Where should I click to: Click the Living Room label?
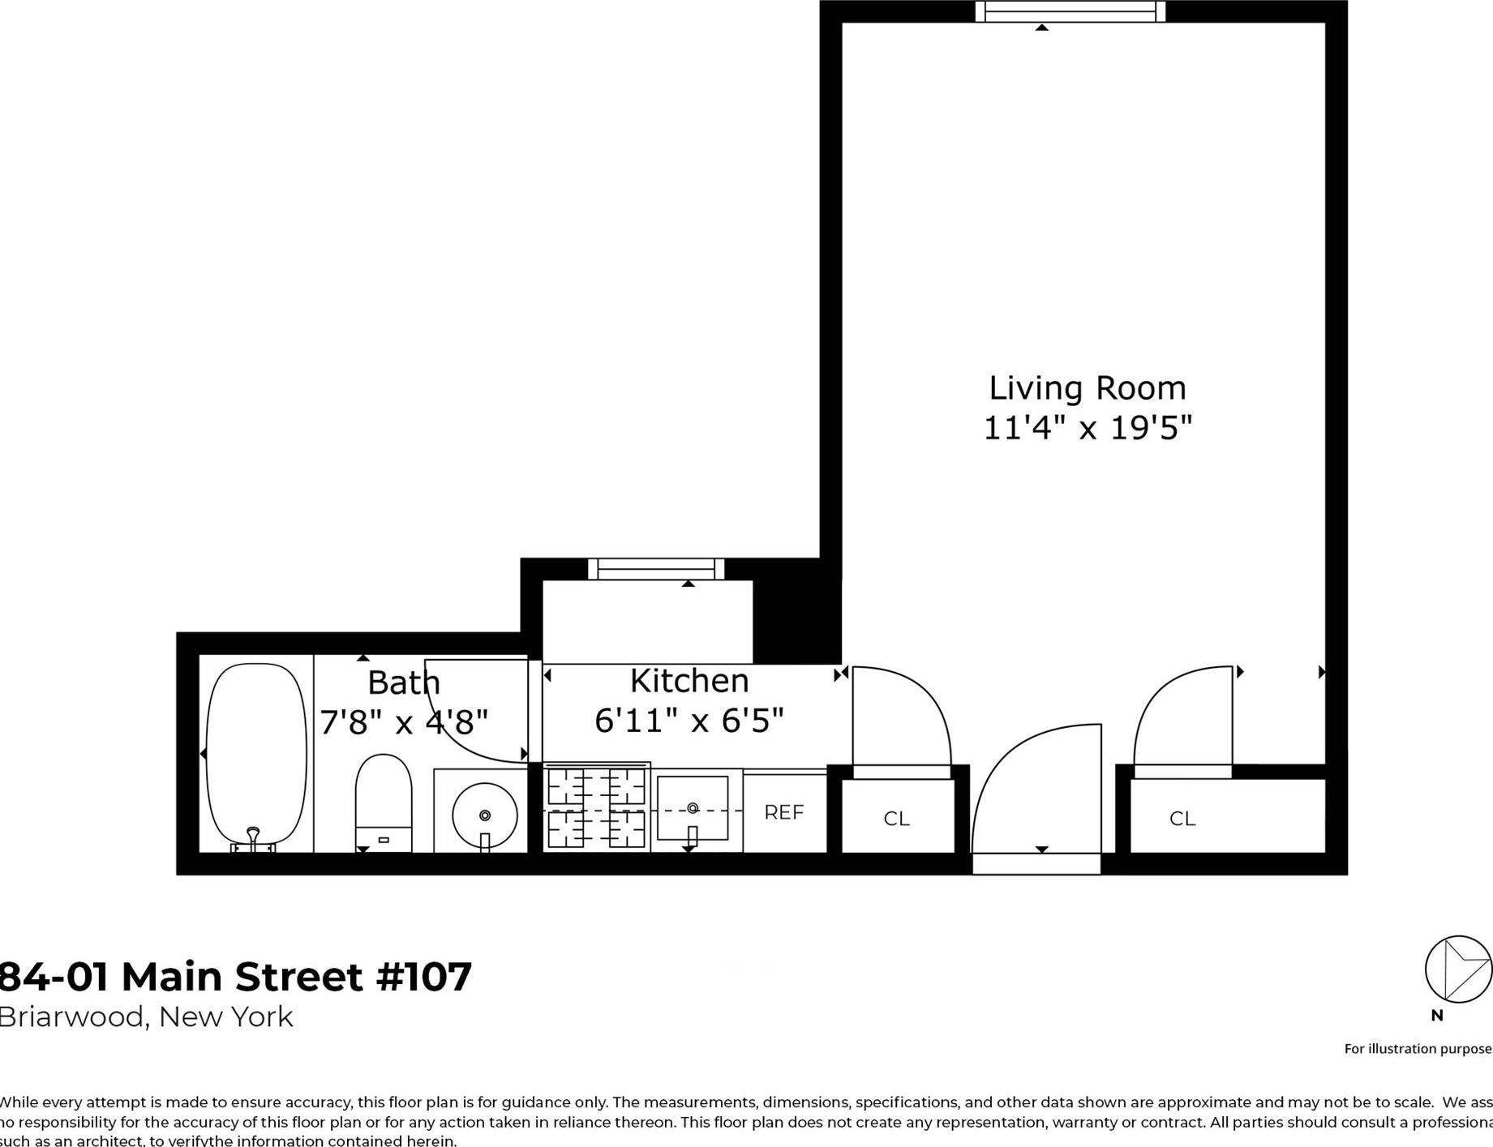point(1087,388)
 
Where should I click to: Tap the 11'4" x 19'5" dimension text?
point(1088,427)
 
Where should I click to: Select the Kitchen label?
point(689,681)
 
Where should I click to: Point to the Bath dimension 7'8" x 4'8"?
point(404,721)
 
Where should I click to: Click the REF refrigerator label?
point(784,812)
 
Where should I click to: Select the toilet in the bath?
point(384,802)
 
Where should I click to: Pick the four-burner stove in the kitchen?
point(596,808)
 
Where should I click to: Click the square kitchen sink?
point(693,808)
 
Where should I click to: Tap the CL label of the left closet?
point(896,819)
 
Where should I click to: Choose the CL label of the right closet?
point(1182,819)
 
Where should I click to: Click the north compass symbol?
point(1457,969)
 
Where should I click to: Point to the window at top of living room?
point(1070,11)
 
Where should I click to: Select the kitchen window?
point(656,569)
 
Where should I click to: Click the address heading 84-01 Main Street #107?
point(234,977)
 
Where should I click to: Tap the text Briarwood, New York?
point(146,1016)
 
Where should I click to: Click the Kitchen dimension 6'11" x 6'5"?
point(689,720)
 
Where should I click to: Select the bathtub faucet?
point(253,838)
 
